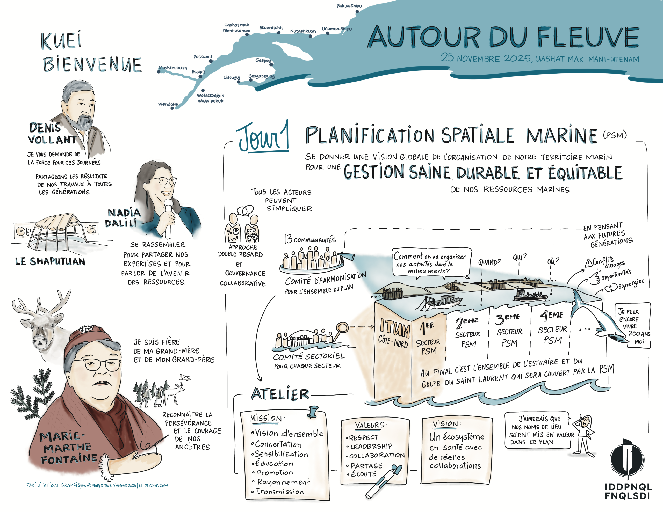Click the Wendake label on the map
pyautogui.click(x=168, y=104)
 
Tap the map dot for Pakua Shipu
pyautogui.click(x=357, y=12)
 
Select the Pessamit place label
pyautogui.click(x=203, y=57)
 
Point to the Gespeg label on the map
pyautogui.click(x=263, y=60)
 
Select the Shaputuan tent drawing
pyautogui.click(x=56, y=232)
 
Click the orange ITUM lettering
pyautogui.click(x=394, y=328)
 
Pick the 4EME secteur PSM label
pyautogui.click(x=552, y=329)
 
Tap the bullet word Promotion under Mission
pyautogui.click(x=275, y=473)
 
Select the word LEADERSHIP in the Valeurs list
pyautogui.click(x=371, y=447)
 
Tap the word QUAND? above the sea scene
pyautogui.click(x=489, y=262)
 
